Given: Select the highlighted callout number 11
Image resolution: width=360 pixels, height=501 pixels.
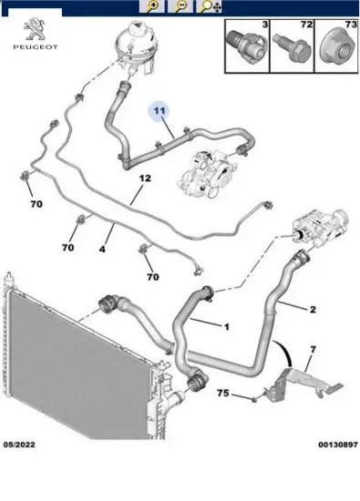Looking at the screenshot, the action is pos(160,111).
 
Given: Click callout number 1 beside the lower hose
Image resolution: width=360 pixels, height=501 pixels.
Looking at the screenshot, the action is pos(226,325).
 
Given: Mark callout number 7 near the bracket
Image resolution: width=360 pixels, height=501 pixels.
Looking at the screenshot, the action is pos(313,351).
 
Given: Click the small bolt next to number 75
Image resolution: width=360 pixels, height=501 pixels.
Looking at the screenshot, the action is pos(248,397).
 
